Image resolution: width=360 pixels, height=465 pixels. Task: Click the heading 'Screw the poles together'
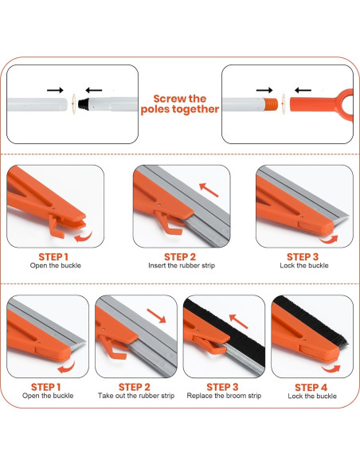coord(180,104)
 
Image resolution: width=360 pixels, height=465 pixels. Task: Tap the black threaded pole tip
coord(84,104)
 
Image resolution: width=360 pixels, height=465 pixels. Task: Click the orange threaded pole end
coord(271,104)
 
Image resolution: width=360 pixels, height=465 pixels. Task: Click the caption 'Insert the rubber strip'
coord(182,265)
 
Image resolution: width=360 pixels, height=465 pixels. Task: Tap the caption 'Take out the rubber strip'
coord(136,396)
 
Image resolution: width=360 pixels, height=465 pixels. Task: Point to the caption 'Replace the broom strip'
coord(224,396)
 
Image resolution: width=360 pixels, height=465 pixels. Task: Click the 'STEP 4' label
coord(311,387)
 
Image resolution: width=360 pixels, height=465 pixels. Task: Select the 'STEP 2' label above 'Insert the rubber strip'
coord(180,257)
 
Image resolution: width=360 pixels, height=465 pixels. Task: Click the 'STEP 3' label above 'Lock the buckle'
coord(303,257)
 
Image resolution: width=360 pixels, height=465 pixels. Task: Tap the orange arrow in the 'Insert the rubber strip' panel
coord(209,190)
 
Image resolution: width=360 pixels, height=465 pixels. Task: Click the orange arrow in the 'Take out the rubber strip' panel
coord(156,316)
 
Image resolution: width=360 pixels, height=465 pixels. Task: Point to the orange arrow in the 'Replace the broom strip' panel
coord(238,322)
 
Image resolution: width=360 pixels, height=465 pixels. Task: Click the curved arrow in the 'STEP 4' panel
coord(331,369)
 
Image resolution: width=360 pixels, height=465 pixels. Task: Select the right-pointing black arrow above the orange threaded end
coord(264,90)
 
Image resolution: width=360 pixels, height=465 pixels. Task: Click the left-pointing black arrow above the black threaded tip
coord(94,90)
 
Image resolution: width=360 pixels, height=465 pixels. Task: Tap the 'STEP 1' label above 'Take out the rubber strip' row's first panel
coord(46,387)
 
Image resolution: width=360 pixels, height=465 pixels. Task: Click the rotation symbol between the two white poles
coord(73,104)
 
